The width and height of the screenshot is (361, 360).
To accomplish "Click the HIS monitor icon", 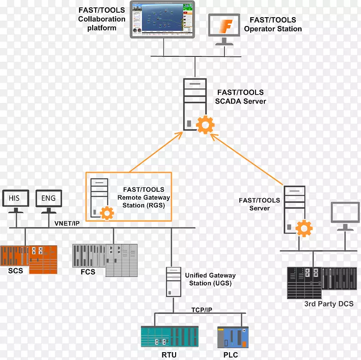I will pos(15,199).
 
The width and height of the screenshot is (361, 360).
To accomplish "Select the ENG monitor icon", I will pos(48,199).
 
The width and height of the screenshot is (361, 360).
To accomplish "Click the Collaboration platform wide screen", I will pos(162,20).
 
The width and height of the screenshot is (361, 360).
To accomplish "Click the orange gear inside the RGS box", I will pos(106,213).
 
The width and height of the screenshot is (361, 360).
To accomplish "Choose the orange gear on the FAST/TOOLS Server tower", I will pos(305,228).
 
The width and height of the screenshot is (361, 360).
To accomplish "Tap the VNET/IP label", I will pos(67,224).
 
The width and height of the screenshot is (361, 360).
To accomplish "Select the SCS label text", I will pos(15,271).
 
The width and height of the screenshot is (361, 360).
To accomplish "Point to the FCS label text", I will pos(88,272).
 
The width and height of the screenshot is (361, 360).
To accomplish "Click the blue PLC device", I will pos(232,337).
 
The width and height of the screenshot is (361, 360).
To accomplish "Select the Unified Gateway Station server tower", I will pos(172,282).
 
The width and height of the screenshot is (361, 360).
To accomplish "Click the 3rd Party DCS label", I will pos(328,304).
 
